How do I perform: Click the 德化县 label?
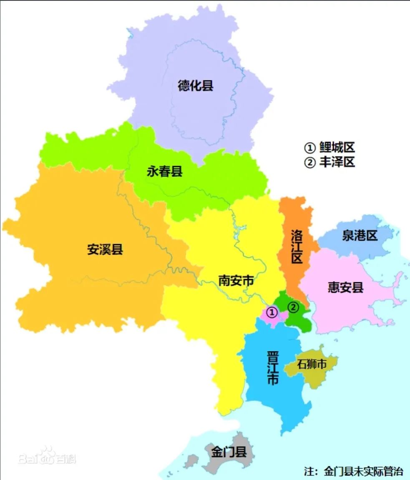[196, 86]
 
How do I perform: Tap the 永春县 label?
[165, 171]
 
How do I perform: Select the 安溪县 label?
[105, 249]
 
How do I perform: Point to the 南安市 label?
[236, 280]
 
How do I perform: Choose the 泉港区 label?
[360, 236]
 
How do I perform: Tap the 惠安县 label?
[346, 287]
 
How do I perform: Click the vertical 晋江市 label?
[273, 368]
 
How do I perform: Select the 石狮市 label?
[311, 364]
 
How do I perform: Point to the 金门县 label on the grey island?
[229, 452]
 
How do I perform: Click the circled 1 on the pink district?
[272, 312]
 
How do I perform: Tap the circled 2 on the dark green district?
[294, 307]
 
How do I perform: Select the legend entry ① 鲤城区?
[330, 148]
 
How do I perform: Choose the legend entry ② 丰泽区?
[330, 162]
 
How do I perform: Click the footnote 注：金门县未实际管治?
[354, 472]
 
